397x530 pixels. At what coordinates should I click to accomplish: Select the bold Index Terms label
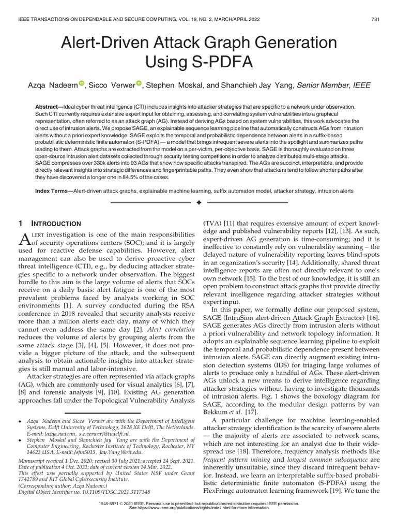coord(53,191)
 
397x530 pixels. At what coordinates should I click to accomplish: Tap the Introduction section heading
coord(57,224)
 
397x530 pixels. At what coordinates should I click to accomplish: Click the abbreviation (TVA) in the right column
coord(211,224)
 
